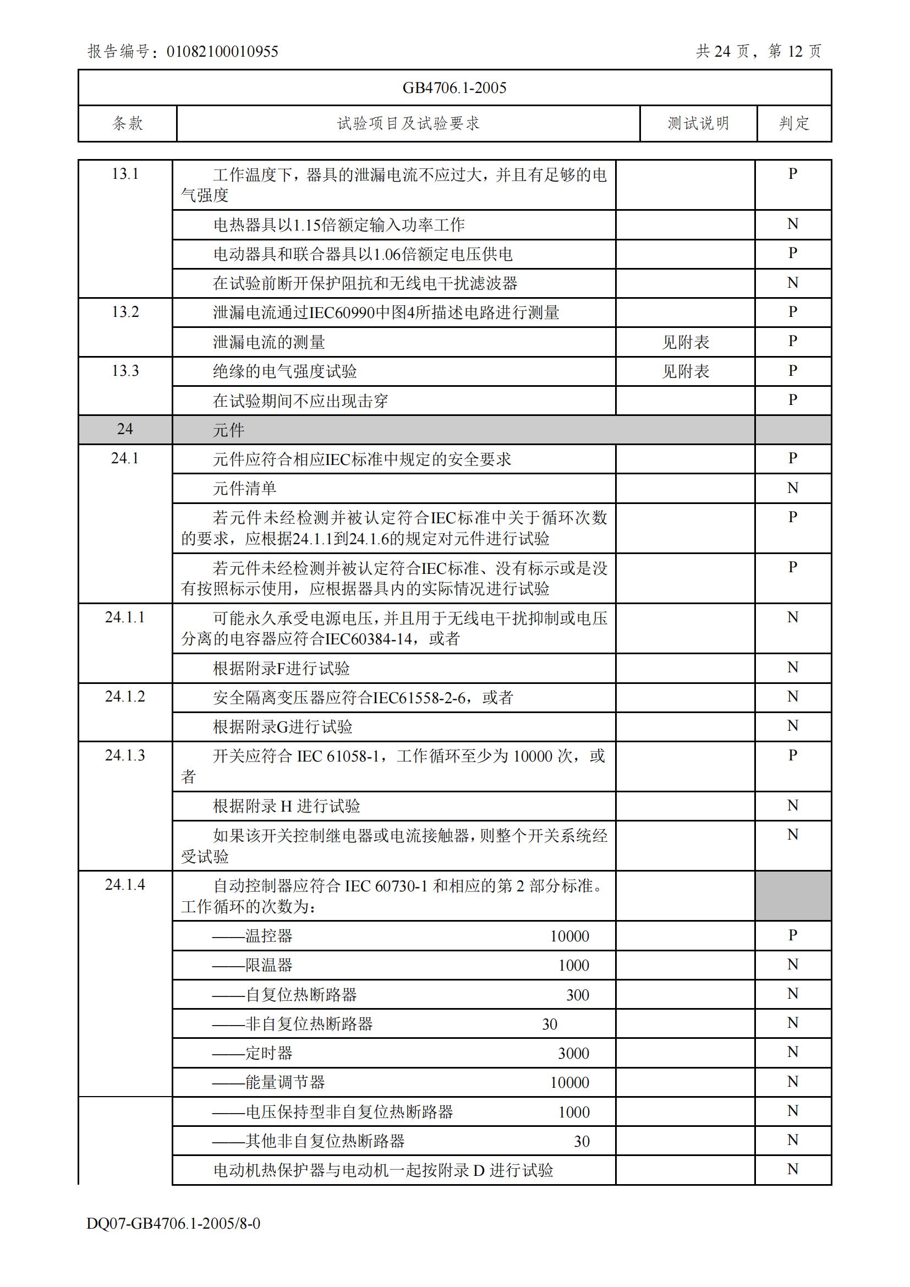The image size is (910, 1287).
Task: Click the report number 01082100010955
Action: click(222, 52)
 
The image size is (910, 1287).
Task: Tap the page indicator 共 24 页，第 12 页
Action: click(758, 52)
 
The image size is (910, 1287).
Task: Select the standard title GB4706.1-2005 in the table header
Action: click(454, 88)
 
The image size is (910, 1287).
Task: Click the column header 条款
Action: click(128, 123)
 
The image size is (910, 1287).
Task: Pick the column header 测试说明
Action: click(698, 123)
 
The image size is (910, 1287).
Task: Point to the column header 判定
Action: click(794, 123)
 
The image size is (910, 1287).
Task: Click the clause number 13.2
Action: click(125, 311)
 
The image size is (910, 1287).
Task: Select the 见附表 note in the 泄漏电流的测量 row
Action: click(686, 342)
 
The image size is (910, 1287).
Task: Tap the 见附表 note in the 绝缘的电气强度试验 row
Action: click(686, 371)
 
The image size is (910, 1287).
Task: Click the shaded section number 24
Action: click(125, 429)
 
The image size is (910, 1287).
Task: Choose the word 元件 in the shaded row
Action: click(229, 430)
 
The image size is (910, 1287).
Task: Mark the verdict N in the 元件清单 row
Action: click(792, 488)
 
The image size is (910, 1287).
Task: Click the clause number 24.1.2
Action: click(125, 697)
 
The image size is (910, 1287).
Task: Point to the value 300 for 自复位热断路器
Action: click(577, 995)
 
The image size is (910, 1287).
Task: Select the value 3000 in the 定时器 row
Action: click(573, 1053)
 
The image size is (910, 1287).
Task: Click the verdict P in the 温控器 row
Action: click(792, 935)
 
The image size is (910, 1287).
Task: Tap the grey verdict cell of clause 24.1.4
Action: click(793, 896)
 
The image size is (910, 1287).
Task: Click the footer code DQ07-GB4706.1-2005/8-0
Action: click(173, 1223)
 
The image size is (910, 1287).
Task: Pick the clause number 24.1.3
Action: click(125, 755)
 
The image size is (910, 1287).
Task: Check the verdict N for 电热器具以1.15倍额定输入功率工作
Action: click(792, 224)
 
